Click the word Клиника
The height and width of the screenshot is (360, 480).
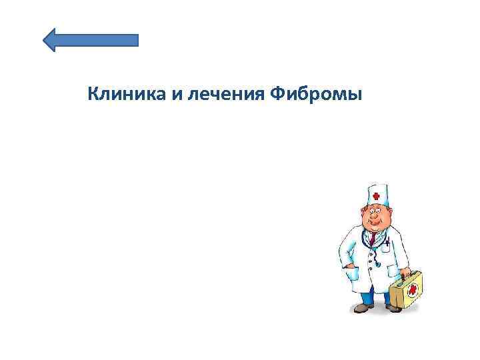(127, 95)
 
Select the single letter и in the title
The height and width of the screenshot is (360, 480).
(176, 95)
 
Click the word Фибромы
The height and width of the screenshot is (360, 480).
(317, 95)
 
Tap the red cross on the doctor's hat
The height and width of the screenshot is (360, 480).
(376, 197)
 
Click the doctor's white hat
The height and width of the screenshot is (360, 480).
(377, 195)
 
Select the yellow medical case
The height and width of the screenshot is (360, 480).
(407, 291)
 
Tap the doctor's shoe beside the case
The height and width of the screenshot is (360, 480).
(393, 309)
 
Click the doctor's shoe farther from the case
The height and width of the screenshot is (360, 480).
(362, 308)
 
